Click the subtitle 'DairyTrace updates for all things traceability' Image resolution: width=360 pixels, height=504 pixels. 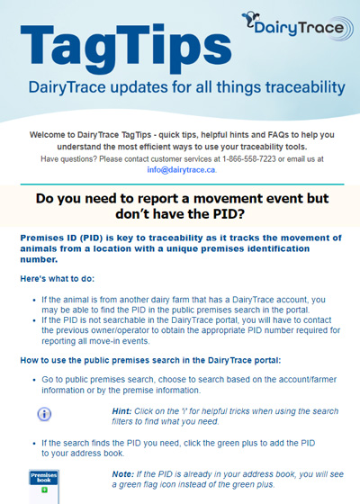point(186,88)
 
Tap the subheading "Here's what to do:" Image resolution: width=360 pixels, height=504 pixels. point(59,280)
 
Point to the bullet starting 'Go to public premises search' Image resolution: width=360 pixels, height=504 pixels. point(180,385)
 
